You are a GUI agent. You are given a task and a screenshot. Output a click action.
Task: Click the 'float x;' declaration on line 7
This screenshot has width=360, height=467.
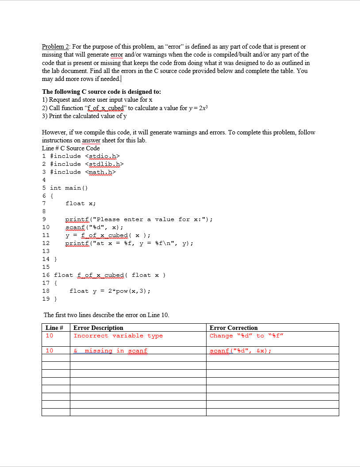click(80, 203)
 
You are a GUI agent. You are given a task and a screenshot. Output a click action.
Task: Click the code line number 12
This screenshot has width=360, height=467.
click(46, 243)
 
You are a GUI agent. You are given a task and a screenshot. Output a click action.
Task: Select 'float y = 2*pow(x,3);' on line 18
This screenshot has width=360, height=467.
click(110, 291)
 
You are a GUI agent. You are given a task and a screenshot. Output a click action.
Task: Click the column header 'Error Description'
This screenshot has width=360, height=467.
click(98, 328)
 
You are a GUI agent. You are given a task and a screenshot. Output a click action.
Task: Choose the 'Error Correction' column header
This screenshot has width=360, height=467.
click(234, 328)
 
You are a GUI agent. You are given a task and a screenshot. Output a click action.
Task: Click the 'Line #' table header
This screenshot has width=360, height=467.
click(55, 328)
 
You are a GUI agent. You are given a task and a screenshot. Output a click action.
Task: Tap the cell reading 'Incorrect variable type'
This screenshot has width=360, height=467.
click(118, 336)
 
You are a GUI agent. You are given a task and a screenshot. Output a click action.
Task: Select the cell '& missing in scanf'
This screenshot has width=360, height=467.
click(110, 351)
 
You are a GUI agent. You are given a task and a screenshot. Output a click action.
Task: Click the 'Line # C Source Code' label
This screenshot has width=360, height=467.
click(71, 148)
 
